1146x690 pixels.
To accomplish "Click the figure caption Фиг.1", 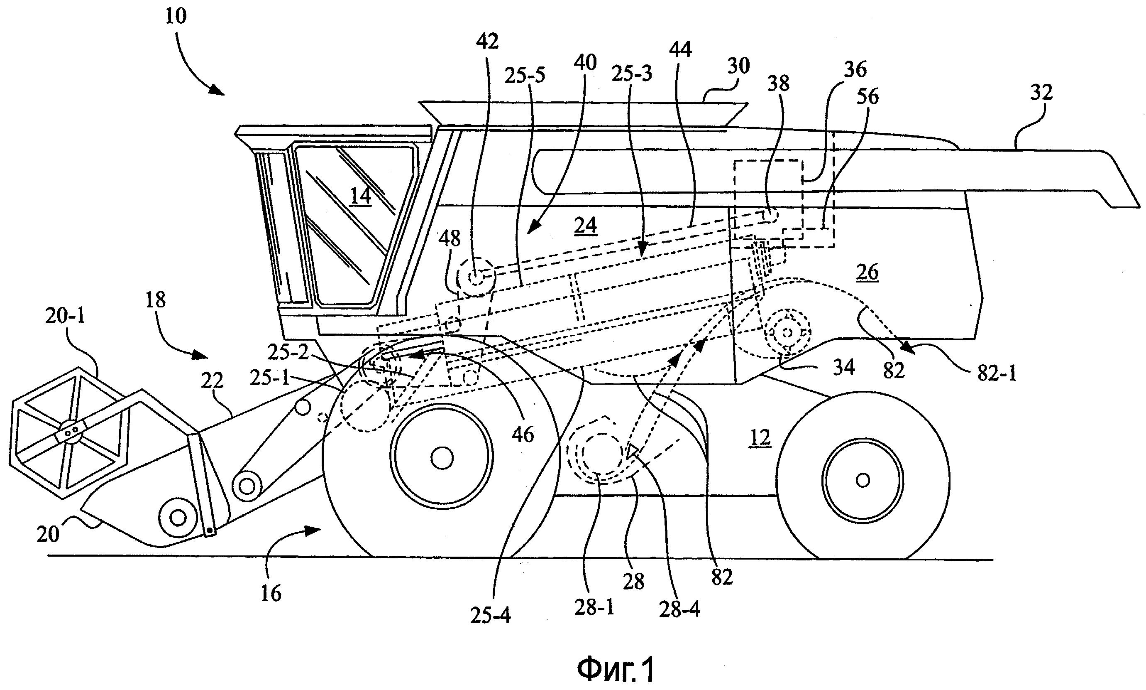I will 616,670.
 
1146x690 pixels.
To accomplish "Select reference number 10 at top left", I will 176,16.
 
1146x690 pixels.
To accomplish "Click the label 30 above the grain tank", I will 738,66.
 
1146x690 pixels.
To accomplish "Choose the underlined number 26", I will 867,273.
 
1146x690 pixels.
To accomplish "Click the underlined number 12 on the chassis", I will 760,438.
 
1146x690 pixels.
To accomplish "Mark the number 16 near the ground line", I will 271,593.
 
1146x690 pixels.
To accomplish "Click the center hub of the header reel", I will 71,432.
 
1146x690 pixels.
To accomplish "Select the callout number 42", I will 487,42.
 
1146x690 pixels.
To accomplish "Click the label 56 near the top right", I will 867,97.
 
